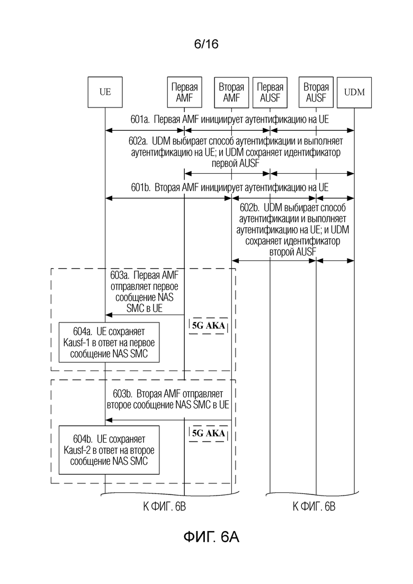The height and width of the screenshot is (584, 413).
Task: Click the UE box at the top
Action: pyautogui.click(x=105, y=92)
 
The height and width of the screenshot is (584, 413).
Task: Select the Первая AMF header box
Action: pyautogui.click(x=184, y=92)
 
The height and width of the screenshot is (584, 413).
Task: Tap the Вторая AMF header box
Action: pyautogui.click(x=231, y=92)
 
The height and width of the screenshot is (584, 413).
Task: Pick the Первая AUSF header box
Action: pyautogui.click(x=270, y=92)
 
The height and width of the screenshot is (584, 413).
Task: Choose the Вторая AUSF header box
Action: pyautogui.click(x=316, y=92)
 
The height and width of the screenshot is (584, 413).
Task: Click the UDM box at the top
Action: pyautogui.click(x=354, y=92)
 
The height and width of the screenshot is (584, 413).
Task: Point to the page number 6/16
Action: pyautogui.click(x=206, y=44)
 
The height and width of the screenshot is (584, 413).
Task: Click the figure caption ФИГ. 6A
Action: pyautogui.click(x=211, y=537)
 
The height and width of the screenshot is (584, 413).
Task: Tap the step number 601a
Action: pyautogui.click(x=140, y=119)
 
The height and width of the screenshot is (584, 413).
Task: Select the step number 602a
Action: pyautogui.click(x=139, y=141)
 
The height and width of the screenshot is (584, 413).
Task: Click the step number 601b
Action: pyautogui.click(x=141, y=187)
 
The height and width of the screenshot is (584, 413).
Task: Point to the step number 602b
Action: pyautogui.click(x=249, y=208)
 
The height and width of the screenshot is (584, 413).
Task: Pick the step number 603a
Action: pyautogui.click(x=120, y=275)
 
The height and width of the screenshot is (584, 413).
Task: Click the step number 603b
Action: pyautogui.click(x=123, y=394)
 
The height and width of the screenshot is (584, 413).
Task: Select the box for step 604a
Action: pyautogui.click(x=109, y=343)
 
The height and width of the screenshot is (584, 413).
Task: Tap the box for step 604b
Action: pyautogui.click(x=109, y=450)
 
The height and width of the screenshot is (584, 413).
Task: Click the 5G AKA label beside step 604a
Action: pyautogui.click(x=209, y=326)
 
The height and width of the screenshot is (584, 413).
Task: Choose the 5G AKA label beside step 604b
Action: pyautogui.click(x=209, y=433)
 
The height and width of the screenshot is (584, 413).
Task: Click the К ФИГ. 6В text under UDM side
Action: pyautogui.click(x=313, y=507)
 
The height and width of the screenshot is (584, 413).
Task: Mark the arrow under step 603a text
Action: pyautogui.click(x=145, y=315)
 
